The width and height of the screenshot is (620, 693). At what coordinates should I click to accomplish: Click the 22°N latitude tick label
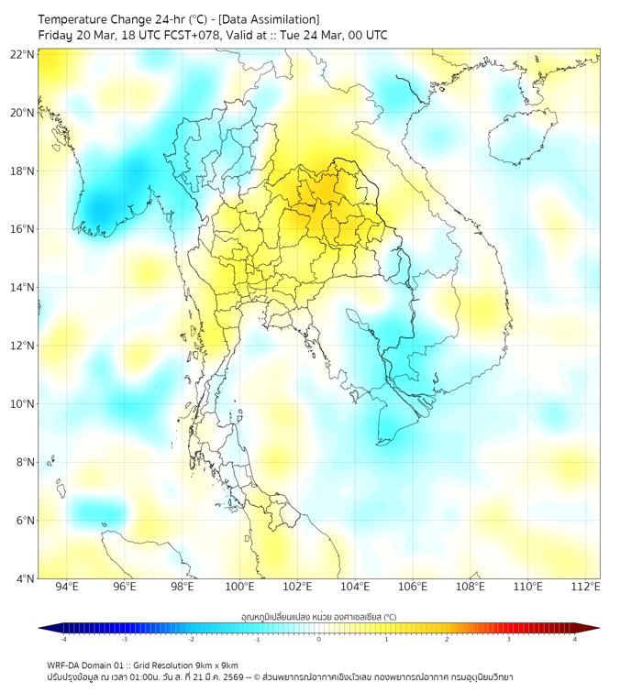tap(23, 55)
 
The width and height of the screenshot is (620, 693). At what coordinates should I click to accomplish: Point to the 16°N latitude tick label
tap(23, 229)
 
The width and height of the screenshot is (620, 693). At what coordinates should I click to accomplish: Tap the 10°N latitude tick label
tap(23, 404)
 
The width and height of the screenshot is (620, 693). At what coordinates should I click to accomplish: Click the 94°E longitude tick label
tap(67, 587)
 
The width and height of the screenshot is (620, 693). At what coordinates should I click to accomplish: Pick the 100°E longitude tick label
tap(240, 587)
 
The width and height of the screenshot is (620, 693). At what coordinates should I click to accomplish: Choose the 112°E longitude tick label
tap(586, 587)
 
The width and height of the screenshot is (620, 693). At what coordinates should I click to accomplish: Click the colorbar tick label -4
tap(63, 639)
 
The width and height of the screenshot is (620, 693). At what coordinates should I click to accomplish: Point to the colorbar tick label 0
tap(319, 639)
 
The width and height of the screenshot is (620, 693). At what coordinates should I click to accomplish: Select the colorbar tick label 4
tap(575, 639)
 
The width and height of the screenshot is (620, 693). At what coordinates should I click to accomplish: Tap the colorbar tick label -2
tap(191, 639)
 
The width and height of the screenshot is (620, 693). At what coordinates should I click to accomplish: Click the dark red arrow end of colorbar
tap(592, 628)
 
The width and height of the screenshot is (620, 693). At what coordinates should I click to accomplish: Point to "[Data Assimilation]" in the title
tap(271, 18)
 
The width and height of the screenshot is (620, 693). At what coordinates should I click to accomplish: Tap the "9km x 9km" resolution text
tap(213, 665)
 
